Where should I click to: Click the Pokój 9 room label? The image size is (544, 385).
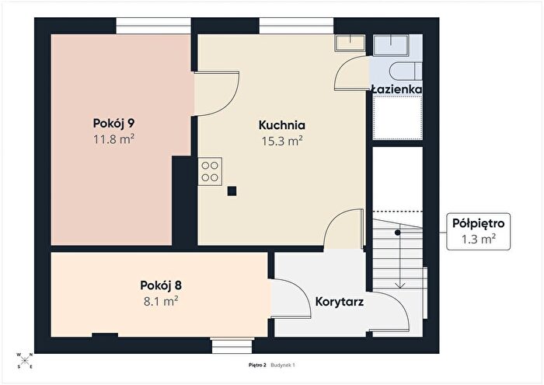pos(113,124)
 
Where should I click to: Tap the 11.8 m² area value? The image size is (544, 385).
pos(113,139)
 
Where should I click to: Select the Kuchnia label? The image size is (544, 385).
pos(281,125)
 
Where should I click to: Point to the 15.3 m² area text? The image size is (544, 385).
pos(282,141)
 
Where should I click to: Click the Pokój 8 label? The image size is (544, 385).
pos(161,285)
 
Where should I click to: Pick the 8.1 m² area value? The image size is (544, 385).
pos(161,301)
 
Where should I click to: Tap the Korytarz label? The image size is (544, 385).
pos(340,302)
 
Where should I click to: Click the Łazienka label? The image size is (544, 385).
pos(396,89)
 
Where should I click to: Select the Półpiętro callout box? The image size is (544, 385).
pos(478,231)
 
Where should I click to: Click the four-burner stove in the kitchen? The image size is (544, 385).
pos(210,171)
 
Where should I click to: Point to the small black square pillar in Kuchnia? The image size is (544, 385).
pos(232,191)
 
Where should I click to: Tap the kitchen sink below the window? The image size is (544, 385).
pos(350,43)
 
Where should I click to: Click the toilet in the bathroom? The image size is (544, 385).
pos(406,72)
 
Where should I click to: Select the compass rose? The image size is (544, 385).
pos(25,361)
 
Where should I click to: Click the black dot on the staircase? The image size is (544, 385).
pos(398,233)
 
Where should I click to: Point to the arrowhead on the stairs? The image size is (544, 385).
pos(400,285)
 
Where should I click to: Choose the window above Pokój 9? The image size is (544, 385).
pos(153,26)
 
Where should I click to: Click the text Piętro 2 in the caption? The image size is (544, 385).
pos(257,365)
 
